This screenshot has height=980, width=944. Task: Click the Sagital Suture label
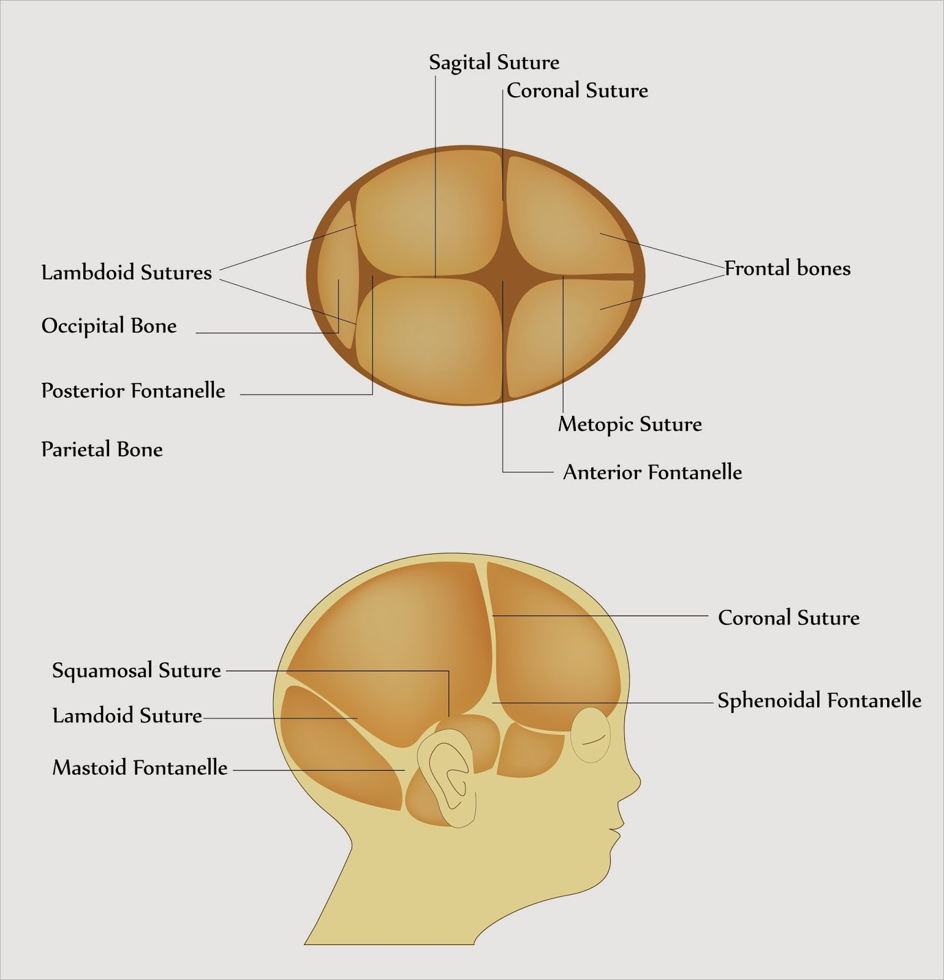coord(494,62)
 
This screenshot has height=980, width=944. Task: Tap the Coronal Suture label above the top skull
coord(577,91)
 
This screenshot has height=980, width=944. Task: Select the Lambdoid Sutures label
coord(126,273)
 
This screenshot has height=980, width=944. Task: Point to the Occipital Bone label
coord(109,326)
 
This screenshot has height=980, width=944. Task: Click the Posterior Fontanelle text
coord(133,391)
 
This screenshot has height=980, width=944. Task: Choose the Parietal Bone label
coord(102,450)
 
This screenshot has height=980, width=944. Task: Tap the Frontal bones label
coord(788,268)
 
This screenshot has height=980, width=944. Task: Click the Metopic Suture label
coord(630,424)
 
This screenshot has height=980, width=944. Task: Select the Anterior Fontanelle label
coord(652,472)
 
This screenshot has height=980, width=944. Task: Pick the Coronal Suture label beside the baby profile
coord(788,617)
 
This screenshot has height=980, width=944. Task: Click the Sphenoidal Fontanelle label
coord(819,700)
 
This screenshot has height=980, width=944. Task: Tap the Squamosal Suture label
coord(136,670)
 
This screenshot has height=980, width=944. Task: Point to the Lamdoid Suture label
coord(127,715)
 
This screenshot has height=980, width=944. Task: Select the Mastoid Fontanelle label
coord(140,767)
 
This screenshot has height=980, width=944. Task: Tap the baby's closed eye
coord(591,735)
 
